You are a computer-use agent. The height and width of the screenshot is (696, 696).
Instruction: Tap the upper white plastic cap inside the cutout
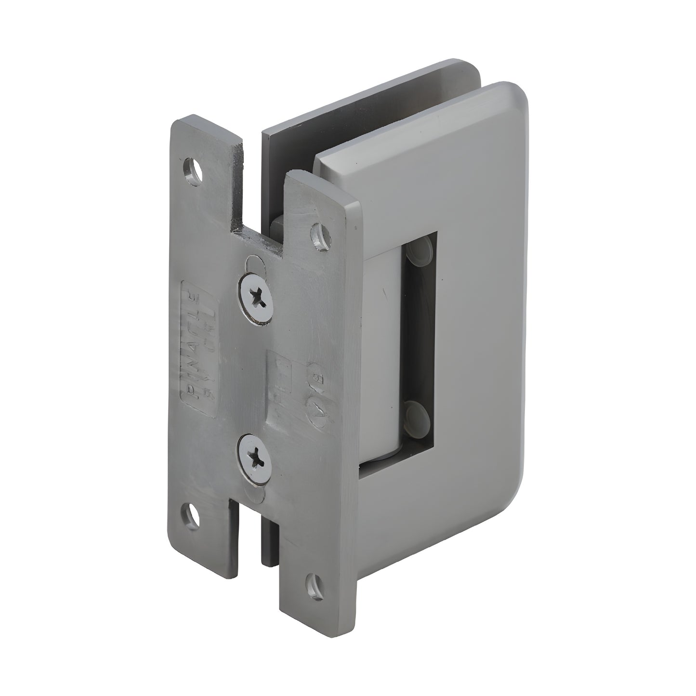pos(420,250)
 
